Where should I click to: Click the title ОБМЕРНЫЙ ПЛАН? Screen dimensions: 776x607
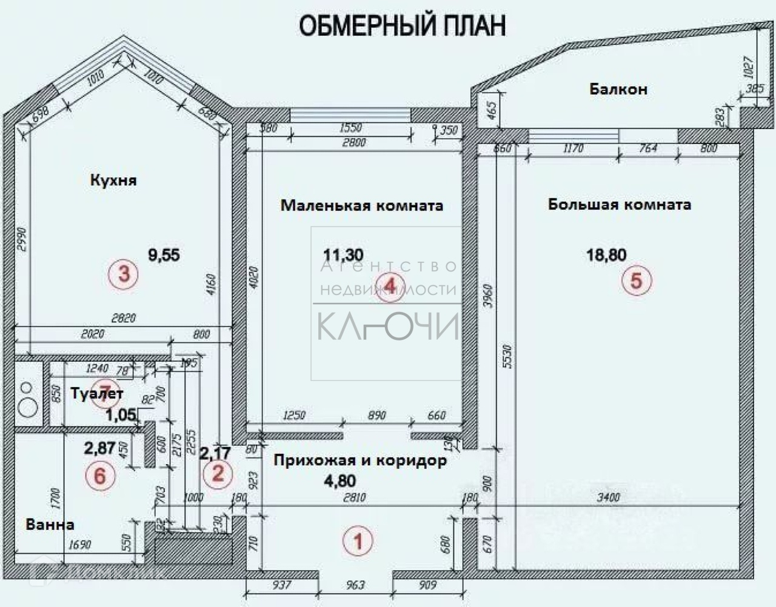point(403,26)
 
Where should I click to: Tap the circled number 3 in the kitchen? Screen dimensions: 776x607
point(124,274)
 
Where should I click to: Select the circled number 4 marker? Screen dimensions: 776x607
point(390,285)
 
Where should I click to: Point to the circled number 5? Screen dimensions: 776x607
point(636,280)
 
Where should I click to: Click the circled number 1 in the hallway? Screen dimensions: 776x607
point(358,540)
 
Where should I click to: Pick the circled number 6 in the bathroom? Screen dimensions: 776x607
point(100,476)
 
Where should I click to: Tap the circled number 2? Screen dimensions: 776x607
point(218,473)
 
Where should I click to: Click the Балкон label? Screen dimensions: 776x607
point(618,89)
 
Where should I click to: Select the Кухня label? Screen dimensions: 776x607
point(113,180)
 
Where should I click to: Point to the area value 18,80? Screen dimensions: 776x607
point(606,255)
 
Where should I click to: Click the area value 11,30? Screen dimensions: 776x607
point(344,255)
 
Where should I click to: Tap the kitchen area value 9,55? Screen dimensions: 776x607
point(164,254)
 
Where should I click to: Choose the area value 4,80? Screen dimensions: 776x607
point(339,481)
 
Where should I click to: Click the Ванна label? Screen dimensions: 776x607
point(50,524)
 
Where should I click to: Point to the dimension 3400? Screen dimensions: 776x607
point(608,497)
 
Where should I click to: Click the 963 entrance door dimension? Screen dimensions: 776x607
point(355,585)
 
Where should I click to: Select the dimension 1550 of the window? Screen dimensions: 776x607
point(351,128)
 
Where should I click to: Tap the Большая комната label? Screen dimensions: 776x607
point(619,204)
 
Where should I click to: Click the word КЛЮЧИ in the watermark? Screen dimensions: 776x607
point(388,327)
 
